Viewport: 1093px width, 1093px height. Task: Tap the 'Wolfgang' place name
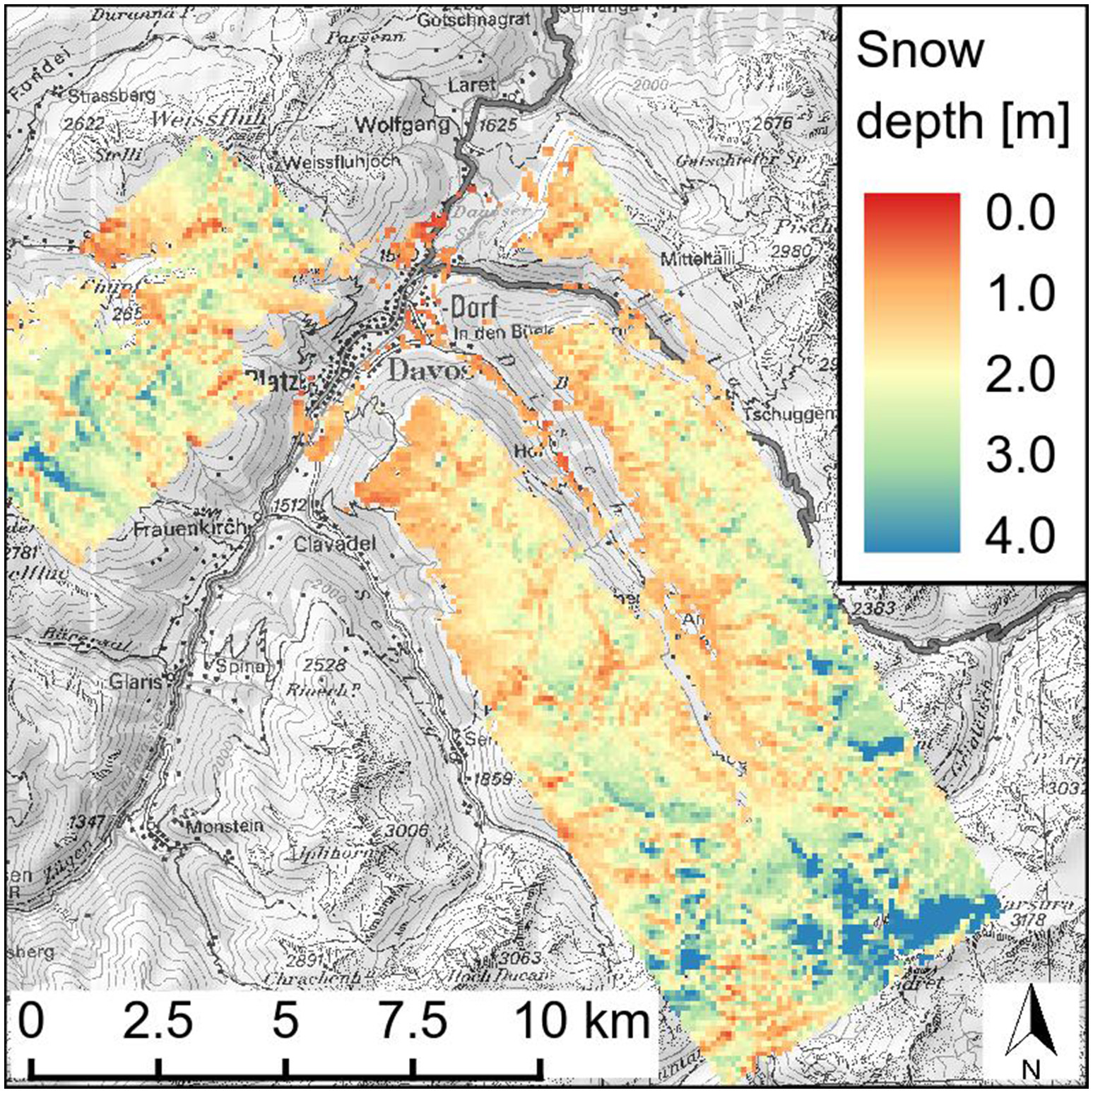click(402, 125)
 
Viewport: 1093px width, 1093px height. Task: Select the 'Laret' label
click(471, 85)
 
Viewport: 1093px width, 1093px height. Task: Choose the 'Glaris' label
click(136, 682)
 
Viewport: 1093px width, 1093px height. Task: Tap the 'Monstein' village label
click(224, 825)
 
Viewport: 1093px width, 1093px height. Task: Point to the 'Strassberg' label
click(111, 95)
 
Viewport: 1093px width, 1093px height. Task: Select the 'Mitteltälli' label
click(698, 259)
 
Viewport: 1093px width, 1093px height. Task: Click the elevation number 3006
click(407, 831)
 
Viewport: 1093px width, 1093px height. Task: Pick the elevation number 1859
click(492, 779)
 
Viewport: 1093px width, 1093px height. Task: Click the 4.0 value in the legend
click(1020, 535)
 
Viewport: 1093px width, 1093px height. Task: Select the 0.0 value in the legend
click(1020, 211)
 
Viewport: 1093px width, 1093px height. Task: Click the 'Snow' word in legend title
click(920, 51)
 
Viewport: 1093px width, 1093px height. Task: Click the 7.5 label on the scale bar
click(413, 1022)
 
